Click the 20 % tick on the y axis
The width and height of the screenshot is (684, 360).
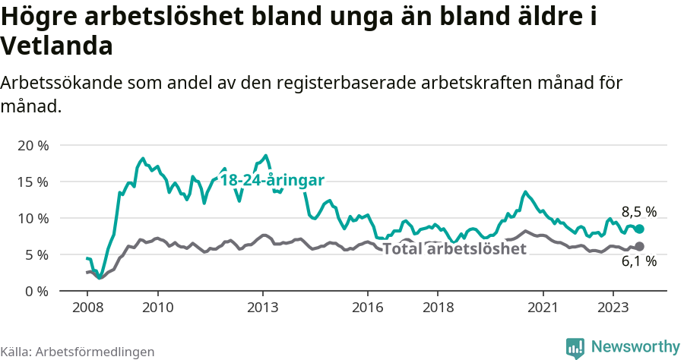pos(33,145)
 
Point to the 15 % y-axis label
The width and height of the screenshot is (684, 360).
pos(33,182)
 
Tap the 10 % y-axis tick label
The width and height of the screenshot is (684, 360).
pos(33,218)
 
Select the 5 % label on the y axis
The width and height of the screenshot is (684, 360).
pos(36,254)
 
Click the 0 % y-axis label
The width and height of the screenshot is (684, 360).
pos(36,291)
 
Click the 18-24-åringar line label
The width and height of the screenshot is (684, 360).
pos(272,180)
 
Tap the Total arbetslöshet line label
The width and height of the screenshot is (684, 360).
pos(454,248)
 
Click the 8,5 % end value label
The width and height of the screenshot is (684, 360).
pos(638,212)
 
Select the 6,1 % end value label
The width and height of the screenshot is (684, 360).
pos(638,261)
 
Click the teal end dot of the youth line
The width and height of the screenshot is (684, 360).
pos(640,229)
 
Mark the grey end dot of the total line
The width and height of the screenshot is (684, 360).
pos(640,246)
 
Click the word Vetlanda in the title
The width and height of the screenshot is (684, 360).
pos(57,46)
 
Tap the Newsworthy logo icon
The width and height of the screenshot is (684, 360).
pos(575,348)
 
